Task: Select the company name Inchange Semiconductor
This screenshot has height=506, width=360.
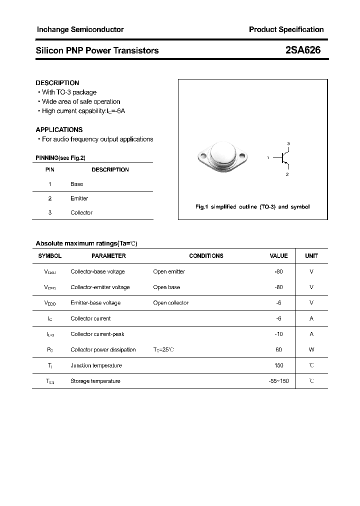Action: click(80, 29)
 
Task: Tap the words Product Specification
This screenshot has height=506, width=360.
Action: click(286, 29)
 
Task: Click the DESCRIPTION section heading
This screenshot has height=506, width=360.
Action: click(57, 82)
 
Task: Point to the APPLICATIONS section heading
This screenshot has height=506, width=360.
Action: click(59, 129)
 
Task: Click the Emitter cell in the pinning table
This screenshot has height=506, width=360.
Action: click(79, 198)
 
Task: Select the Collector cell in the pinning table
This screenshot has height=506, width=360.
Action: click(81, 212)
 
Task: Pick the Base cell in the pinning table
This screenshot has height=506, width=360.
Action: click(77, 184)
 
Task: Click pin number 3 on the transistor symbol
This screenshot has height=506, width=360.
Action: click(288, 144)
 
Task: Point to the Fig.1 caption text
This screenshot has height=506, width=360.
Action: click(252, 206)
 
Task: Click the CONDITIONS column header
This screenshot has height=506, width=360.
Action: click(206, 255)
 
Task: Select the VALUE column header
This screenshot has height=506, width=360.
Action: click(278, 255)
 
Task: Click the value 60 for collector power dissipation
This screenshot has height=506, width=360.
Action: click(278, 349)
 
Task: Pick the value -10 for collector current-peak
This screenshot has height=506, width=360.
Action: click(278, 334)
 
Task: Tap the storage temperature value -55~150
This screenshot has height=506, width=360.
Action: click(278, 381)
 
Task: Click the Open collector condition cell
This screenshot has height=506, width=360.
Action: click(171, 302)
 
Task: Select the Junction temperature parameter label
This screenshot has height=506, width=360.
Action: click(96, 365)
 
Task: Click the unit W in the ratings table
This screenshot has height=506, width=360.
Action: click(311, 349)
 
